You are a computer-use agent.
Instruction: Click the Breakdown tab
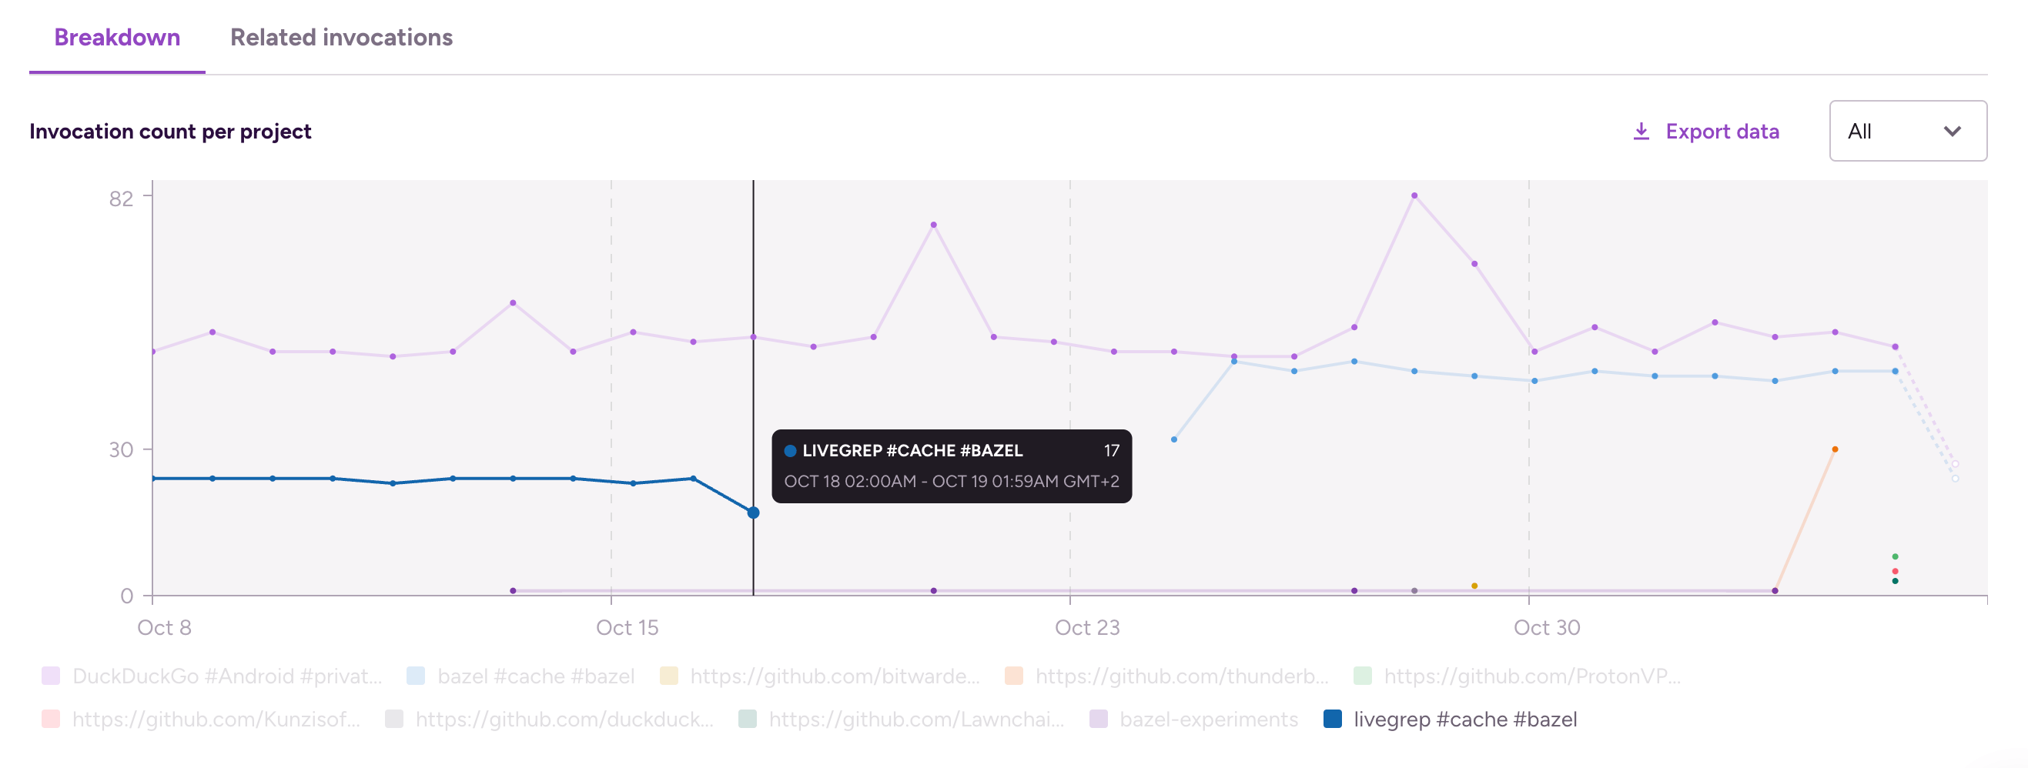click(116, 37)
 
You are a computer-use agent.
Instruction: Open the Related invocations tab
click(341, 37)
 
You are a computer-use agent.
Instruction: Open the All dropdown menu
click(1907, 131)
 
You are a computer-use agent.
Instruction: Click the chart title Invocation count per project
click(170, 132)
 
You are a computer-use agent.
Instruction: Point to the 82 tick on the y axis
click(121, 199)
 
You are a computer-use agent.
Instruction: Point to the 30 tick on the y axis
click(121, 449)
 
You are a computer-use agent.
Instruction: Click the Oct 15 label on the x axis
click(627, 627)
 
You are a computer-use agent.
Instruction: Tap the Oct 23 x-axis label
click(1086, 627)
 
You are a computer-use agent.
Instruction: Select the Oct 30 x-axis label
click(1546, 627)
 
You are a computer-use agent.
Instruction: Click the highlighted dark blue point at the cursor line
click(754, 513)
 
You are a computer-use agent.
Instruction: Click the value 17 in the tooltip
click(1111, 451)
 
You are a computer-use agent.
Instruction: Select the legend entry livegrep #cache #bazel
click(1464, 720)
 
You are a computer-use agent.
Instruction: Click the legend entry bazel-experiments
click(1208, 720)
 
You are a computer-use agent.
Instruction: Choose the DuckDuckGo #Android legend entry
click(226, 676)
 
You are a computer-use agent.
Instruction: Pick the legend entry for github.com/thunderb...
click(1181, 676)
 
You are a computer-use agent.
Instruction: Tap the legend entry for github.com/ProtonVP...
click(1531, 676)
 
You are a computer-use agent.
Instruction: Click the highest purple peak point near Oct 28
click(1414, 195)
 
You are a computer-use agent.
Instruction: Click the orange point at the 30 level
click(1835, 449)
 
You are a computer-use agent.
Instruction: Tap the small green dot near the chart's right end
click(1895, 557)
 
